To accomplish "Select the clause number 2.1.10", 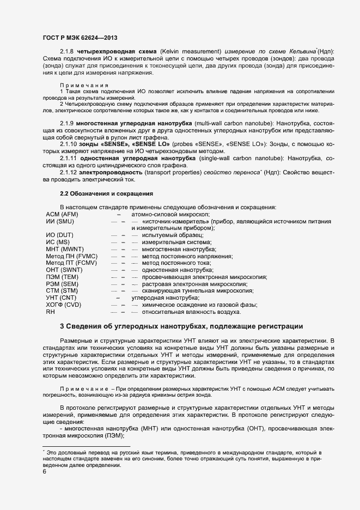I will pyautogui.click(x=69, y=144).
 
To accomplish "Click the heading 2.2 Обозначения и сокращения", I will pyautogui.click(x=106, y=193).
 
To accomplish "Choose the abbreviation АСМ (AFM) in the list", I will pyautogui.click(x=63, y=215).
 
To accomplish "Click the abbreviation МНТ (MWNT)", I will pyautogui.click(x=65, y=248).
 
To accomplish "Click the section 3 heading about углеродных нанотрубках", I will pyautogui.click(x=181, y=326).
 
